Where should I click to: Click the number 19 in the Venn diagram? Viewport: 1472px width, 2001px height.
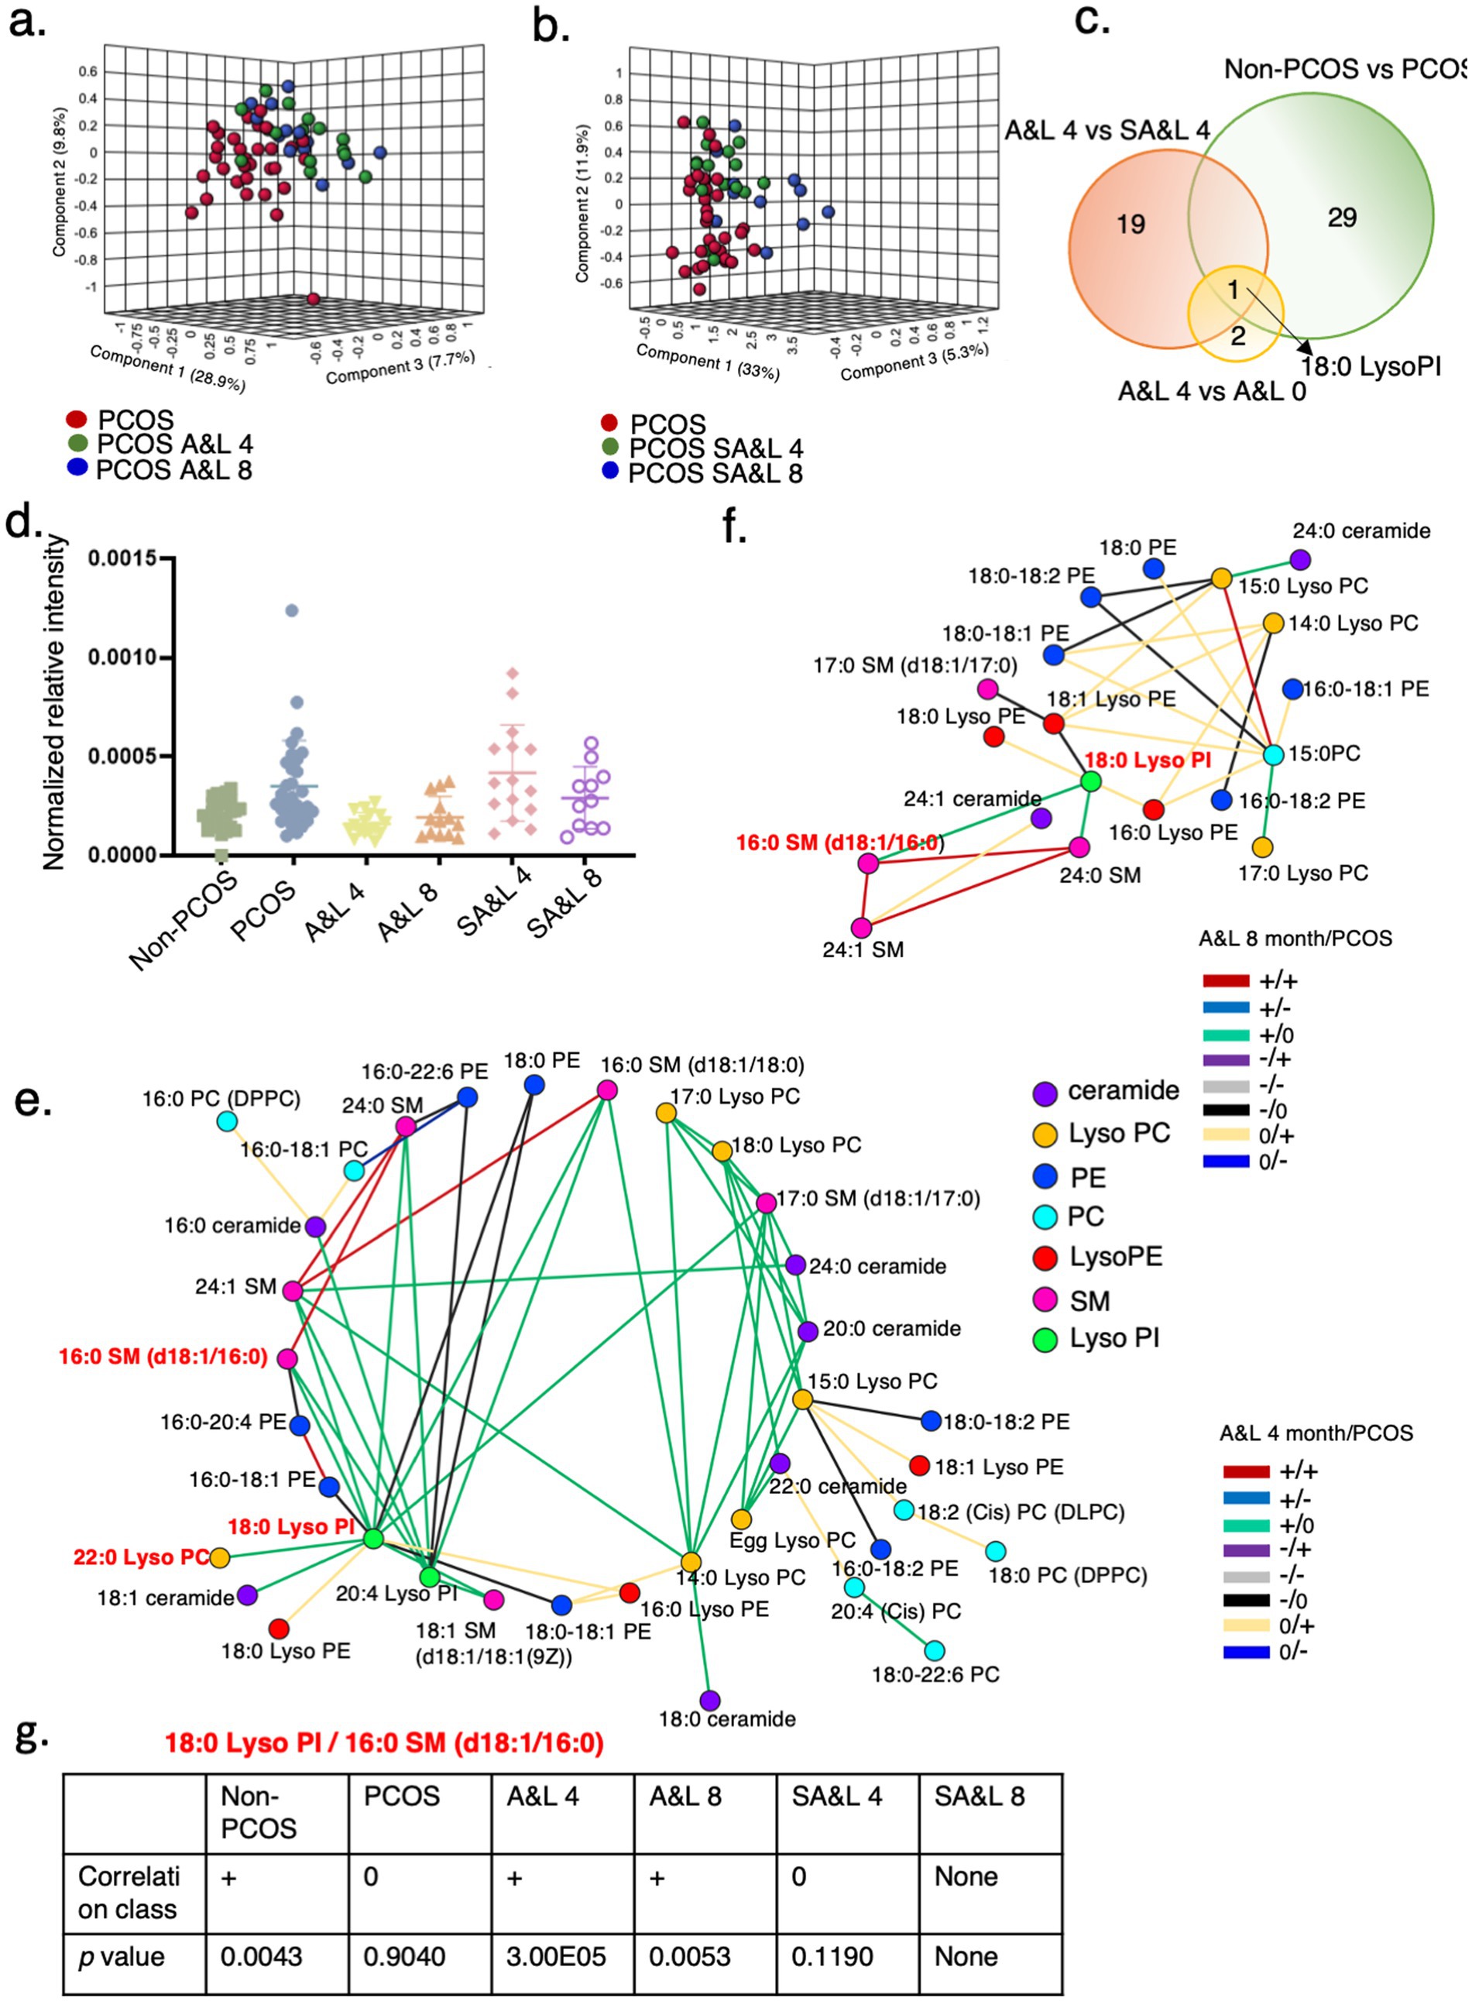click(1130, 224)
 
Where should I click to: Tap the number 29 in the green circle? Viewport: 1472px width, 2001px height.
click(1341, 218)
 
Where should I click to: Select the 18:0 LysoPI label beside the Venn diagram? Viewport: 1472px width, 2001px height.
click(1371, 366)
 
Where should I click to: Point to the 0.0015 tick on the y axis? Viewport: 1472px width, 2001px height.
click(122, 558)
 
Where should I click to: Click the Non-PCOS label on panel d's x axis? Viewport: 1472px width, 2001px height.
click(184, 920)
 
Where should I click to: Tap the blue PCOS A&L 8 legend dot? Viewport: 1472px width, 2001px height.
click(77, 466)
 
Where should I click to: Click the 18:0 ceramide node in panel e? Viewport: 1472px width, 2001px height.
click(710, 1700)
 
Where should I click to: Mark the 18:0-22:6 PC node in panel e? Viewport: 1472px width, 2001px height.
click(935, 1651)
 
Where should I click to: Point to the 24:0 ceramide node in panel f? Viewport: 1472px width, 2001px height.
click(1300, 560)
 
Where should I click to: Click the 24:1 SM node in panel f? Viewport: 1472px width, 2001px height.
click(861, 928)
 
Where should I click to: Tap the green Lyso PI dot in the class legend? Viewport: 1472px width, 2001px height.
click(1045, 1339)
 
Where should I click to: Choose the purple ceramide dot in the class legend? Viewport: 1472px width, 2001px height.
click(1045, 1093)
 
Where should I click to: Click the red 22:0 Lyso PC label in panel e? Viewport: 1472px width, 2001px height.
click(141, 1557)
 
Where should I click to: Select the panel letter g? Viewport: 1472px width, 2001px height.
click(30, 1735)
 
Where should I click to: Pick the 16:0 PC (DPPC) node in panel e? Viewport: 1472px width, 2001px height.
click(227, 1121)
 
